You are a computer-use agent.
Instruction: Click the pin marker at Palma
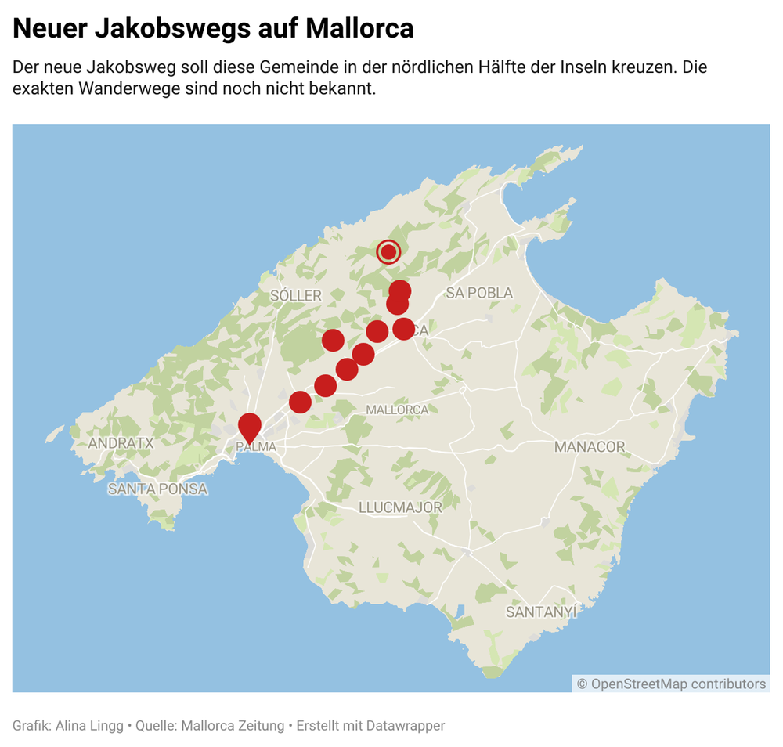pyautogui.click(x=249, y=427)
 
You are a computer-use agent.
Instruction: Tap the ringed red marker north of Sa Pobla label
pyautogui.click(x=388, y=252)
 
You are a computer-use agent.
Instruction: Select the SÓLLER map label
pyautogui.click(x=296, y=295)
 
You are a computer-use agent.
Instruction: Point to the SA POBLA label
pyautogui.click(x=479, y=293)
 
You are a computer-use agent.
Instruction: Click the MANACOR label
pyautogui.click(x=590, y=447)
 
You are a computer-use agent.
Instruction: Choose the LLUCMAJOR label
pyautogui.click(x=400, y=507)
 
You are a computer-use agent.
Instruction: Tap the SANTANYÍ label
pyautogui.click(x=541, y=612)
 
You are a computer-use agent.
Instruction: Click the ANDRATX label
pyautogui.click(x=121, y=443)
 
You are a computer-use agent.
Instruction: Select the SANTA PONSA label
pyautogui.click(x=157, y=489)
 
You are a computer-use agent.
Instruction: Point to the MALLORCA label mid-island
pyautogui.click(x=397, y=410)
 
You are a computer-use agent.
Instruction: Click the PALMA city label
pyautogui.click(x=256, y=447)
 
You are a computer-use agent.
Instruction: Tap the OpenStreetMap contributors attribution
pyautogui.click(x=672, y=684)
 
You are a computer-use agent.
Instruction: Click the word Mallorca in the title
pyautogui.click(x=359, y=29)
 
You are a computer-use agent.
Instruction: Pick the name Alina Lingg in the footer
pyautogui.click(x=88, y=726)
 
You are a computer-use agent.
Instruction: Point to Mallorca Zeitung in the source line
pyautogui.click(x=233, y=726)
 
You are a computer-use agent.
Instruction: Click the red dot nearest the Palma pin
pyautogui.click(x=300, y=402)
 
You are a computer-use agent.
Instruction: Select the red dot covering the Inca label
pyautogui.click(x=403, y=328)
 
